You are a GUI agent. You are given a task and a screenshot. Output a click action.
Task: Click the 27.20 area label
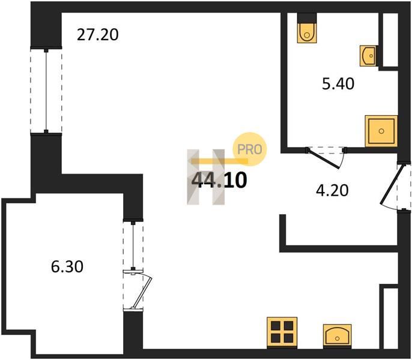pos(97,35)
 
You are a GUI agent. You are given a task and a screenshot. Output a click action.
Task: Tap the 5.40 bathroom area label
pos(338,84)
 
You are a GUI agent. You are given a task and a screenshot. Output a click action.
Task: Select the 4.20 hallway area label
pos(332,190)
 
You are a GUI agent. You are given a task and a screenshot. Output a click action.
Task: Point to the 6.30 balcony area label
pos(67,266)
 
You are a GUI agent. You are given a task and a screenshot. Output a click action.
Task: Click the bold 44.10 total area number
pos(220,181)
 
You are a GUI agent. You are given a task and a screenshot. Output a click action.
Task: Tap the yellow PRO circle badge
pos(250,149)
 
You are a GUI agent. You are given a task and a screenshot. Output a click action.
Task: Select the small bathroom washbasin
pos(369,56)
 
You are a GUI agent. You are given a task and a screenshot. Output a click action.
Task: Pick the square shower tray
pos(381,131)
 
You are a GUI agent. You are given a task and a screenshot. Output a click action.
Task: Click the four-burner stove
pos(282,332)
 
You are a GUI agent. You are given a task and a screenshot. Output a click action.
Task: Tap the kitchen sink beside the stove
pos(338,337)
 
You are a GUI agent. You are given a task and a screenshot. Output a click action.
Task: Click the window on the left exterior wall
pos(46,91)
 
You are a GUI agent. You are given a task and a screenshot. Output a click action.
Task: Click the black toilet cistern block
pos(307,18)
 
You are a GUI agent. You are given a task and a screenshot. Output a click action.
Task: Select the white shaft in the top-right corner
pos(390,40)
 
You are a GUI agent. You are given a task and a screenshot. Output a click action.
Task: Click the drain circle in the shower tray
pos(381,131)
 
